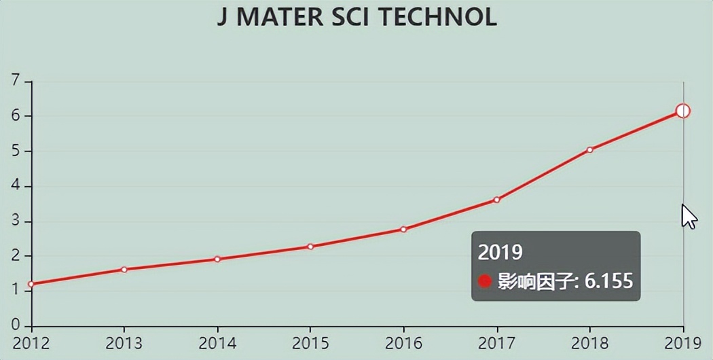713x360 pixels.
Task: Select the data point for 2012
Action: [x=31, y=284]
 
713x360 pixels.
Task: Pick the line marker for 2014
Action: [x=217, y=259]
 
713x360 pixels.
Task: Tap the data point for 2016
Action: [x=403, y=229]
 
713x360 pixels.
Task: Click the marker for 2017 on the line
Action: [x=496, y=200]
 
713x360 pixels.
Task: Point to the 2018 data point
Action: [x=589, y=149]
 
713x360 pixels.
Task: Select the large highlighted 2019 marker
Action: [x=683, y=111]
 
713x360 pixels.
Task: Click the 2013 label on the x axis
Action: [x=124, y=342]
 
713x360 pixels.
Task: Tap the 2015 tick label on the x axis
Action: [x=310, y=342]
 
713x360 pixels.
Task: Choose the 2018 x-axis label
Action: [x=589, y=342]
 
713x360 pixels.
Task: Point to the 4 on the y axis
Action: [x=16, y=186]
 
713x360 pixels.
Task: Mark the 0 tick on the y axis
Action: [x=16, y=325]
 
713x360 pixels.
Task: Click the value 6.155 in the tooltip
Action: [x=608, y=281]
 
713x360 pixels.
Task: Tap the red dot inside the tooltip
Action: [x=485, y=281]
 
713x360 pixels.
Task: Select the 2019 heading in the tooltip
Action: [x=500, y=253]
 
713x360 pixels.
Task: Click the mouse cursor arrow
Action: [x=689, y=217]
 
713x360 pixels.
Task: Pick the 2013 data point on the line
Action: [x=124, y=270]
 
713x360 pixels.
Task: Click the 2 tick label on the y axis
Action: [x=16, y=256]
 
